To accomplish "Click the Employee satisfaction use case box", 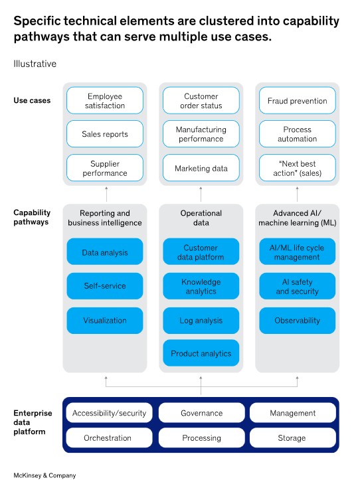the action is [x=105, y=100].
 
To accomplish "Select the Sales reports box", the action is [x=105, y=133].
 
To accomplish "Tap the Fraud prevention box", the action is [x=297, y=100].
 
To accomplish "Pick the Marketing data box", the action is [x=201, y=168].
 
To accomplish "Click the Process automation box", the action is [x=297, y=133].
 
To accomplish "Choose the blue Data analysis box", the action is [x=105, y=252].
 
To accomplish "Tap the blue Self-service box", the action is [x=105, y=286].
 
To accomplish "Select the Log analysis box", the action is [x=201, y=321].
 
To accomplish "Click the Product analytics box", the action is [x=201, y=353].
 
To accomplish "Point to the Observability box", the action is [x=297, y=321].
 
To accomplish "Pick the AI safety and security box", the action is [x=297, y=286].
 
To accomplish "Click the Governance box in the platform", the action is [x=202, y=413].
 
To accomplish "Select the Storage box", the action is [x=293, y=438].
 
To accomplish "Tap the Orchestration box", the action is [x=109, y=438].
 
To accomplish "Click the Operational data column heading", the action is [x=201, y=218].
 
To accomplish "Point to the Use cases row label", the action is [x=32, y=100].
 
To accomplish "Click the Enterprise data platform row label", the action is [x=33, y=422].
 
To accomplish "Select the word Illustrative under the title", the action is [x=35, y=64].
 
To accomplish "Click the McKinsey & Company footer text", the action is [x=45, y=475].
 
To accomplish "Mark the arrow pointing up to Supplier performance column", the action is [x=106, y=194].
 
